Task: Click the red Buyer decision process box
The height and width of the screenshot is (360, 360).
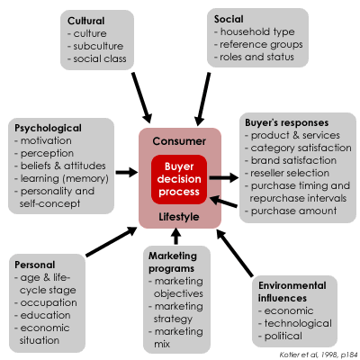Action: tap(179, 179)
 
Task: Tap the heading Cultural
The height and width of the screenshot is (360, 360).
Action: tap(86, 21)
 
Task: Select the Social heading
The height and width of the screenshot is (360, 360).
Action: tap(229, 19)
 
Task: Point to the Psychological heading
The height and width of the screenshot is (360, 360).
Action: tap(48, 128)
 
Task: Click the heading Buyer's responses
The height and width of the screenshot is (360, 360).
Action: tap(287, 122)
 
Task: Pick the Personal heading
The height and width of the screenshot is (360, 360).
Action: tap(35, 265)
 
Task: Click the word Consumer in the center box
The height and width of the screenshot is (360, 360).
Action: tap(179, 141)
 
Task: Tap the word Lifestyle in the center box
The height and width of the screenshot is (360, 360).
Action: tap(179, 217)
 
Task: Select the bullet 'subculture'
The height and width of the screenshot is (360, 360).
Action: tap(95, 46)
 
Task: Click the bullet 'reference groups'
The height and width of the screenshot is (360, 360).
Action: tap(258, 45)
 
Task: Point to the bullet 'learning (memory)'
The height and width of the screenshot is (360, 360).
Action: tap(61, 179)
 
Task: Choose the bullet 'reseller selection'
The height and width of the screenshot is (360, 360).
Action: tap(287, 173)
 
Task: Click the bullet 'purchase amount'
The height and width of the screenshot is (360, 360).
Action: tap(291, 211)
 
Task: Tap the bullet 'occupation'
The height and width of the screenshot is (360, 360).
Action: tap(46, 303)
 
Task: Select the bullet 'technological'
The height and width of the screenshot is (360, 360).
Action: tap(295, 323)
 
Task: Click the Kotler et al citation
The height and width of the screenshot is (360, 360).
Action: tap(319, 355)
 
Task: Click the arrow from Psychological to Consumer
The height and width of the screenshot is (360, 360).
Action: tap(127, 172)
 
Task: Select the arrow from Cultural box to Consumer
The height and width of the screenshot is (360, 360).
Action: tap(142, 97)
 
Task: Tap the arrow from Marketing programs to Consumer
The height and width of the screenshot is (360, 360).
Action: tap(176, 236)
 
